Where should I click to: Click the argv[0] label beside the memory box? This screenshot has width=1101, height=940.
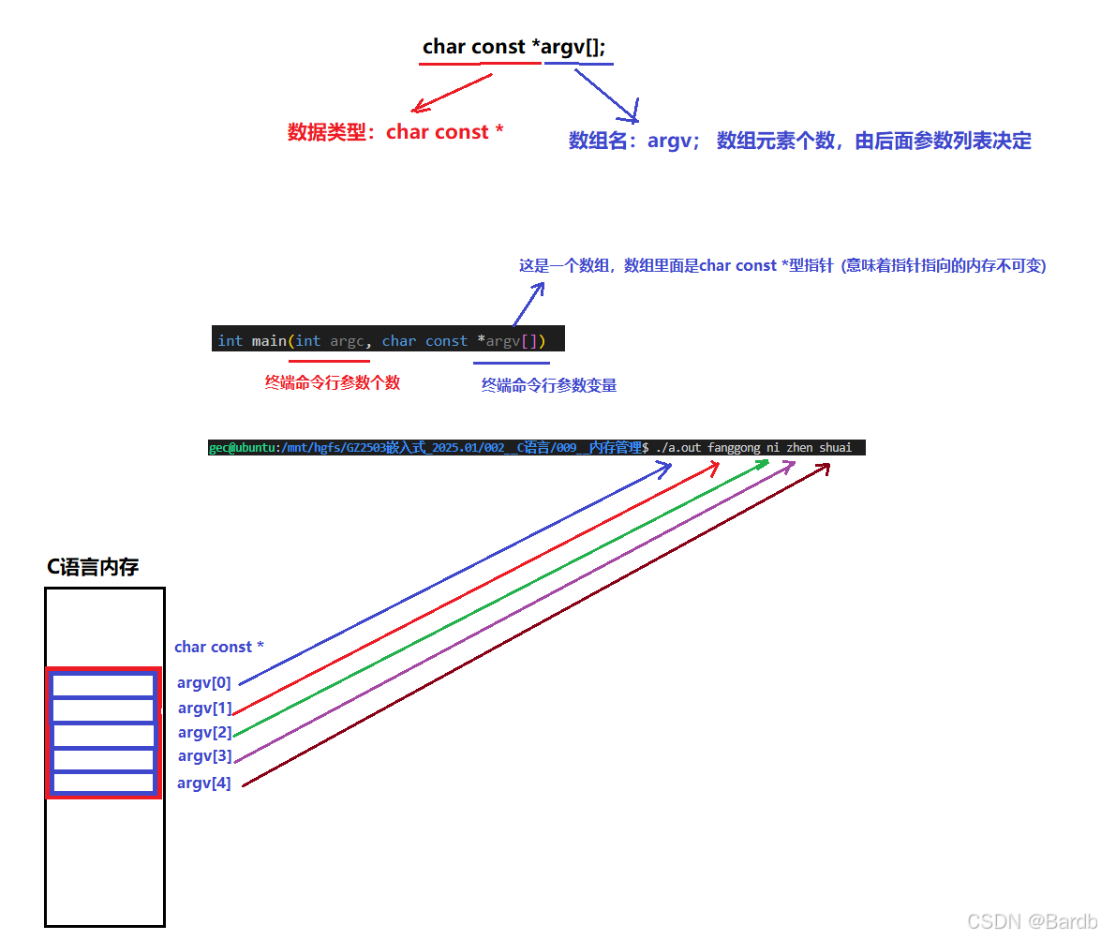pos(204,683)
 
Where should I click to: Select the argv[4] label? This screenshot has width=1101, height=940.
pos(204,783)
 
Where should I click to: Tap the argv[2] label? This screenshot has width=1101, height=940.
pos(204,732)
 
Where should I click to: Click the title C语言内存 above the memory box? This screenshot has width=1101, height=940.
pos(93,567)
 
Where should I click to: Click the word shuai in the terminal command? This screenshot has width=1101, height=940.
pos(836,448)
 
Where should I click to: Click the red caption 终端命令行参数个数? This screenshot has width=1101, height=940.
pos(333,382)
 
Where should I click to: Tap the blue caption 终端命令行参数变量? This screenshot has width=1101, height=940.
pos(549,385)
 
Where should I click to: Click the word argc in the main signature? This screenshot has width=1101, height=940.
pos(347,340)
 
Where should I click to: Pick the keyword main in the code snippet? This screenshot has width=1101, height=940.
pos(270,340)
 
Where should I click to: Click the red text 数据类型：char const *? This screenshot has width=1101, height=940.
pos(395,132)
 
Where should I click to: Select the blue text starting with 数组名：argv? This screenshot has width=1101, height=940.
pos(799,142)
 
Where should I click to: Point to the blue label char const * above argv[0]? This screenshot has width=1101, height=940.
pos(219,647)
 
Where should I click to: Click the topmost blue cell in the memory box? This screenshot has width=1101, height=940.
pos(103,686)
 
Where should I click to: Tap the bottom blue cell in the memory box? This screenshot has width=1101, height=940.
pos(103,783)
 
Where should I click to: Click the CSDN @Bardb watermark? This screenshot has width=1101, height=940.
pos(1031,920)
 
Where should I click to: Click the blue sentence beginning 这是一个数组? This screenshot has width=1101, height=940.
pos(782,266)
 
